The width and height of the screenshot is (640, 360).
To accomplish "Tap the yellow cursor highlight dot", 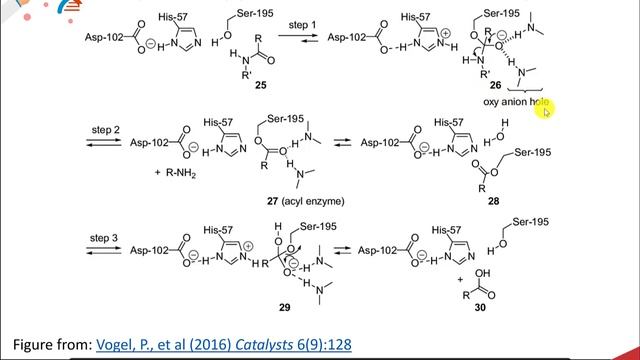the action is (547, 112).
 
